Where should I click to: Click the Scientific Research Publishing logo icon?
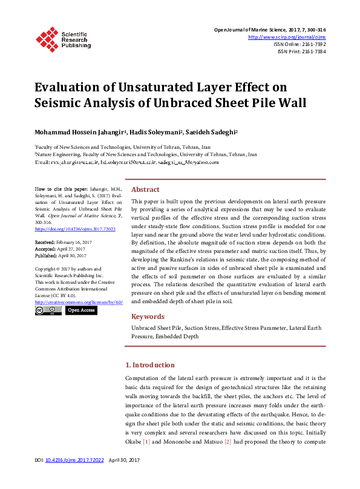[47, 38]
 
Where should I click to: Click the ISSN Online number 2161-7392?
[312, 44]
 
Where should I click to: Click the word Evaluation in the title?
[70, 87]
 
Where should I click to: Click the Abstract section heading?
[145, 189]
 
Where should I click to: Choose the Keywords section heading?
[148, 317]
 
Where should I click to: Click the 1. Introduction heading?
[149, 365]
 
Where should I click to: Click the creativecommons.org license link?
[79, 301]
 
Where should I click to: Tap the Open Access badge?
[80, 310]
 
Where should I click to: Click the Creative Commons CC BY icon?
[48, 310]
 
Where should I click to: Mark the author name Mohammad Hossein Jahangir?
[71, 131]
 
